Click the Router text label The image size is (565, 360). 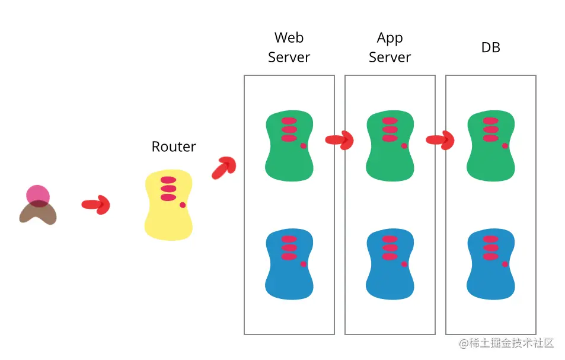(174, 146)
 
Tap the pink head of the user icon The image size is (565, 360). (37, 194)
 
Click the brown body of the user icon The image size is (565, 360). (38, 214)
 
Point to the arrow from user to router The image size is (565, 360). (96, 205)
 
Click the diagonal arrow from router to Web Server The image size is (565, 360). (224, 168)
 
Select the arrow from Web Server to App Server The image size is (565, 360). (339, 140)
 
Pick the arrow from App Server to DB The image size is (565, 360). (440, 140)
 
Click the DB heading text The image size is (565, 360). (490, 47)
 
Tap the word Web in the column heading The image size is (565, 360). (289, 38)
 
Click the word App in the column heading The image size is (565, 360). (390, 38)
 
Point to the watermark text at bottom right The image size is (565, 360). (506, 343)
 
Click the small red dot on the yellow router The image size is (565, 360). (183, 205)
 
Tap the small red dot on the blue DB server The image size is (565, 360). (505, 263)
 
